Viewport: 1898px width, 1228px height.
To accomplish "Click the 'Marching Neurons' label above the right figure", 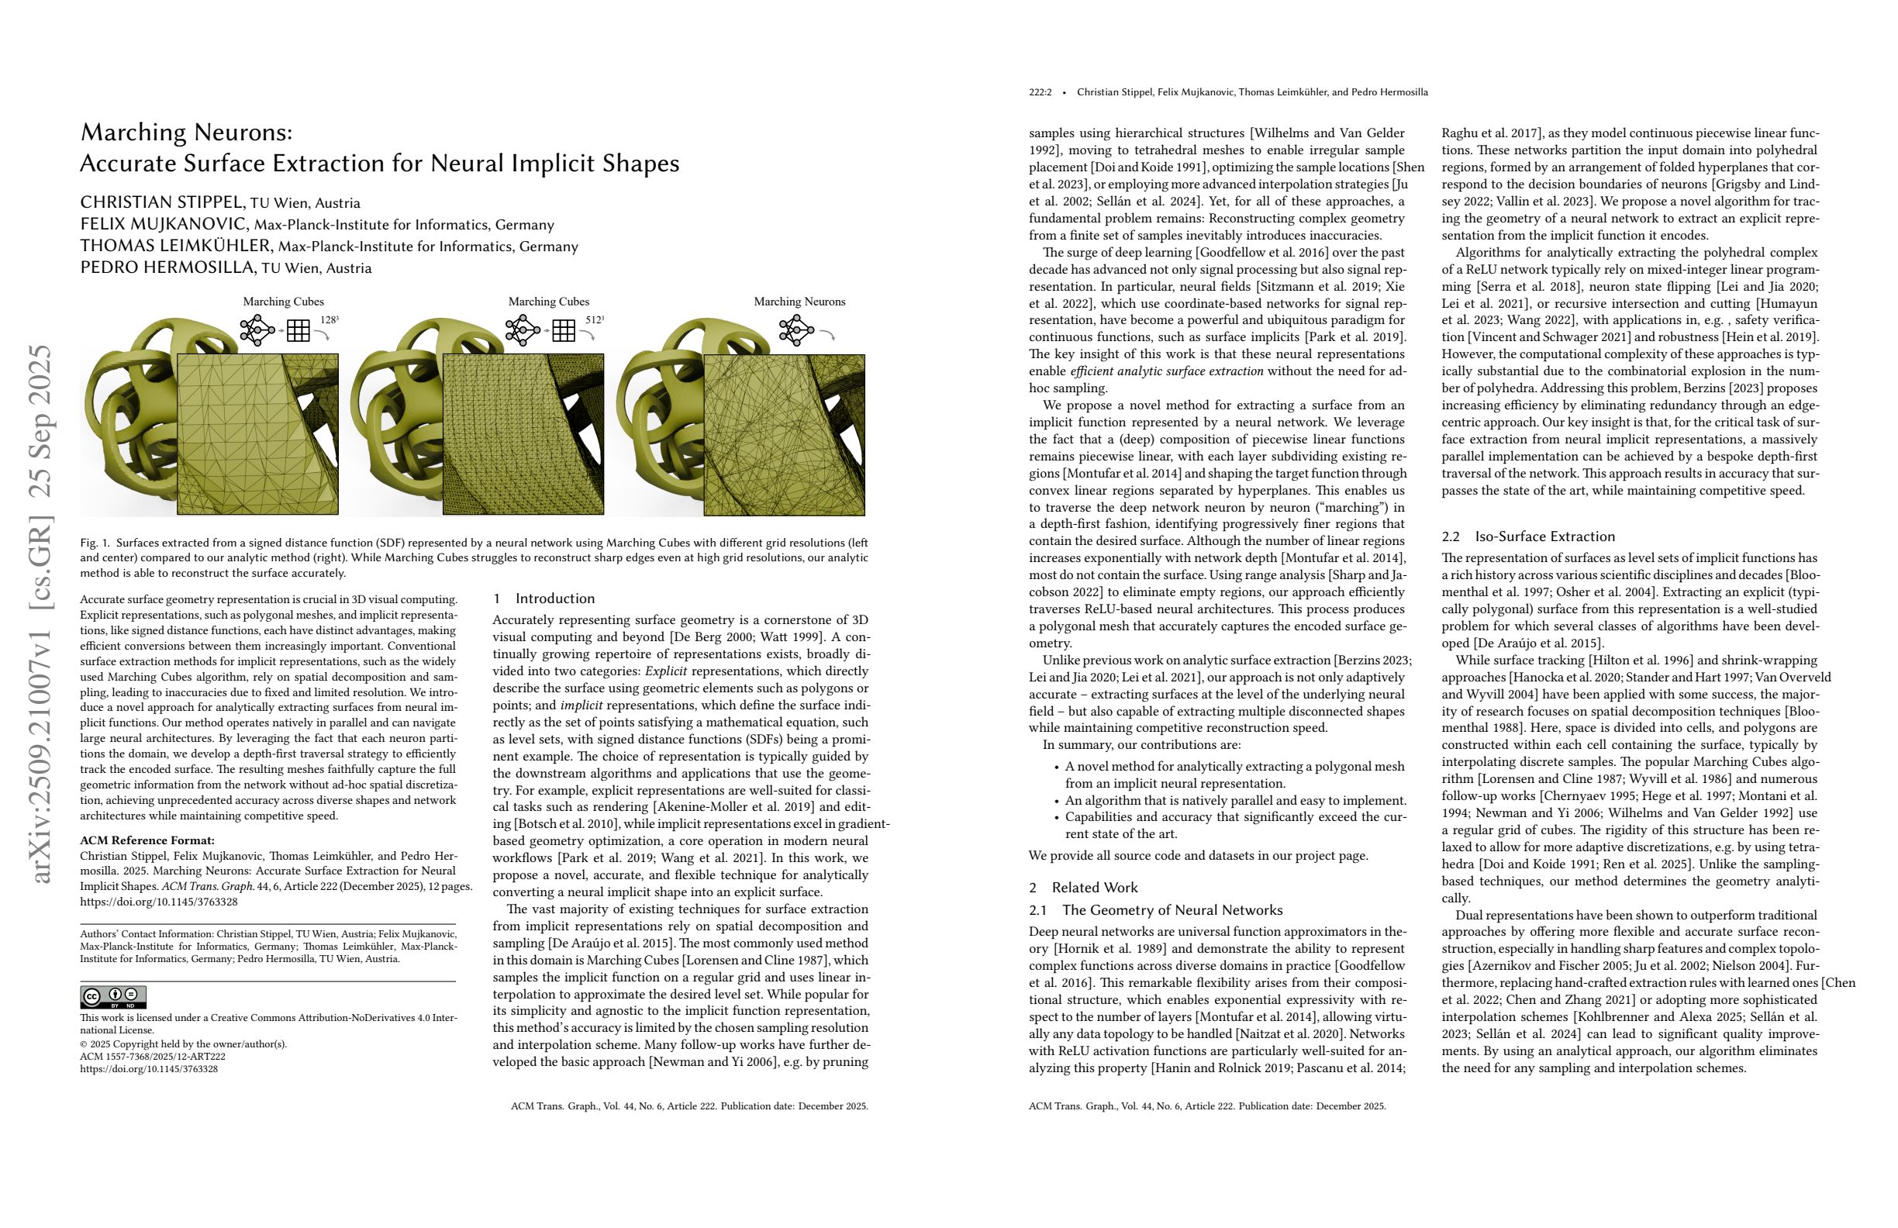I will [799, 302].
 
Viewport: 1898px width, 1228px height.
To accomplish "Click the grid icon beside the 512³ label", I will [563, 330].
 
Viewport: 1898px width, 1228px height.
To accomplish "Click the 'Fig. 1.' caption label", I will [94, 543].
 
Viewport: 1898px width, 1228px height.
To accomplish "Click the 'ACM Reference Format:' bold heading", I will [147, 840].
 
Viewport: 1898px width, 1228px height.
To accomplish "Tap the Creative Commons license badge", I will [112, 997].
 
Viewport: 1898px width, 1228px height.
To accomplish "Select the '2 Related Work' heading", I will [1083, 888].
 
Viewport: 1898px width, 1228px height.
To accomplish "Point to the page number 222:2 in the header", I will [1040, 92].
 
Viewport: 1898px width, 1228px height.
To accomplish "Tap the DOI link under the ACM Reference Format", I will [159, 902].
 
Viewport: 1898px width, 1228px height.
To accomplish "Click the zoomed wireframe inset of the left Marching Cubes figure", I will [257, 434].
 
